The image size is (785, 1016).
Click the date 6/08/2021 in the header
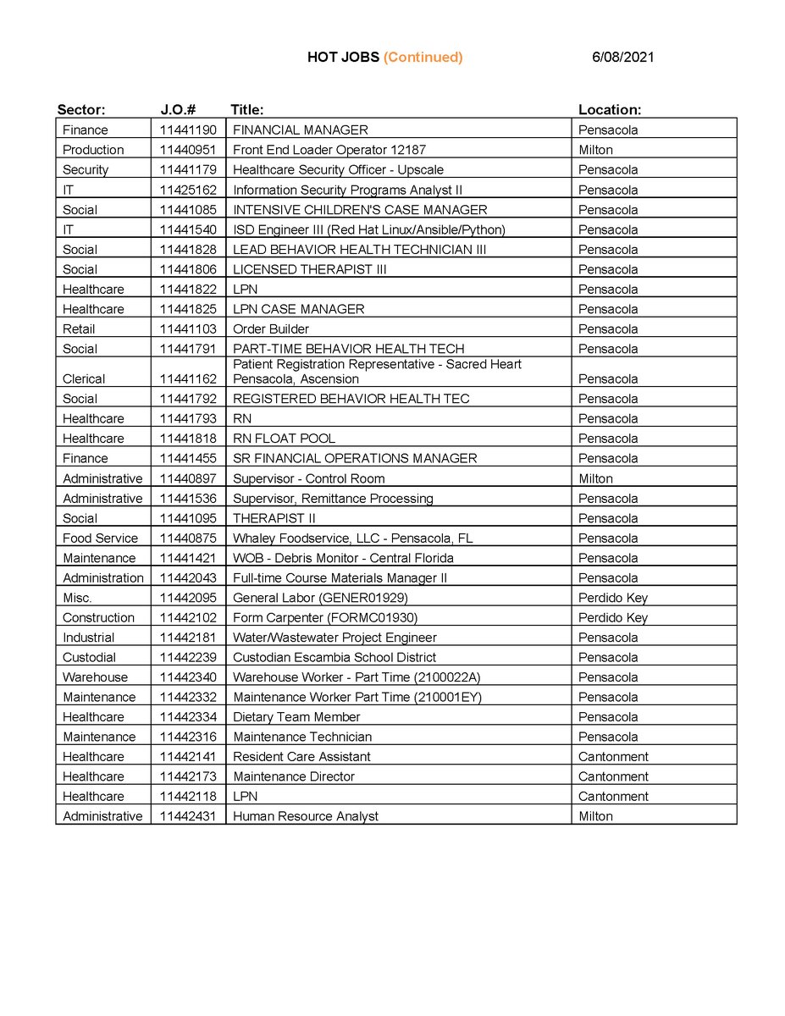coord(623,58)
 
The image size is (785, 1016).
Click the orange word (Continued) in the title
coord(423,58)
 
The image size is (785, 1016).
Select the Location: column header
coord(609,110)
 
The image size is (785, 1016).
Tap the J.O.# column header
coord(179,110)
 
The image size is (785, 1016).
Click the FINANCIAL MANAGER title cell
coord(301,130)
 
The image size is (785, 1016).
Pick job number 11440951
coord(188,150)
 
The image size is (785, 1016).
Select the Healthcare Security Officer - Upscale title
coord(338,170)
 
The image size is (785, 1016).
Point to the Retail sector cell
coord(79,329)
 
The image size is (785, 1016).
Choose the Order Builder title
coord(271,329)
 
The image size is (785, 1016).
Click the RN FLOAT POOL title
coord(284,439)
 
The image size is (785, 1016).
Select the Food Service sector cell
coord(100,538)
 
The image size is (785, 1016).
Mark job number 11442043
coord(188,578)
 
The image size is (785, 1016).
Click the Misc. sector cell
coord(79,598)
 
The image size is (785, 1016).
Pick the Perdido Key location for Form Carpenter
coord(612,618)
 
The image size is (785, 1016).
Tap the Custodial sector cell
coord(89,658)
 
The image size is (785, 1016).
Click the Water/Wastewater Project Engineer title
coord(334,638)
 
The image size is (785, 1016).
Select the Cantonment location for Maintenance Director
coord(613,776)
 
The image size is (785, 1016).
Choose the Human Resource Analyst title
coord(306,816)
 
